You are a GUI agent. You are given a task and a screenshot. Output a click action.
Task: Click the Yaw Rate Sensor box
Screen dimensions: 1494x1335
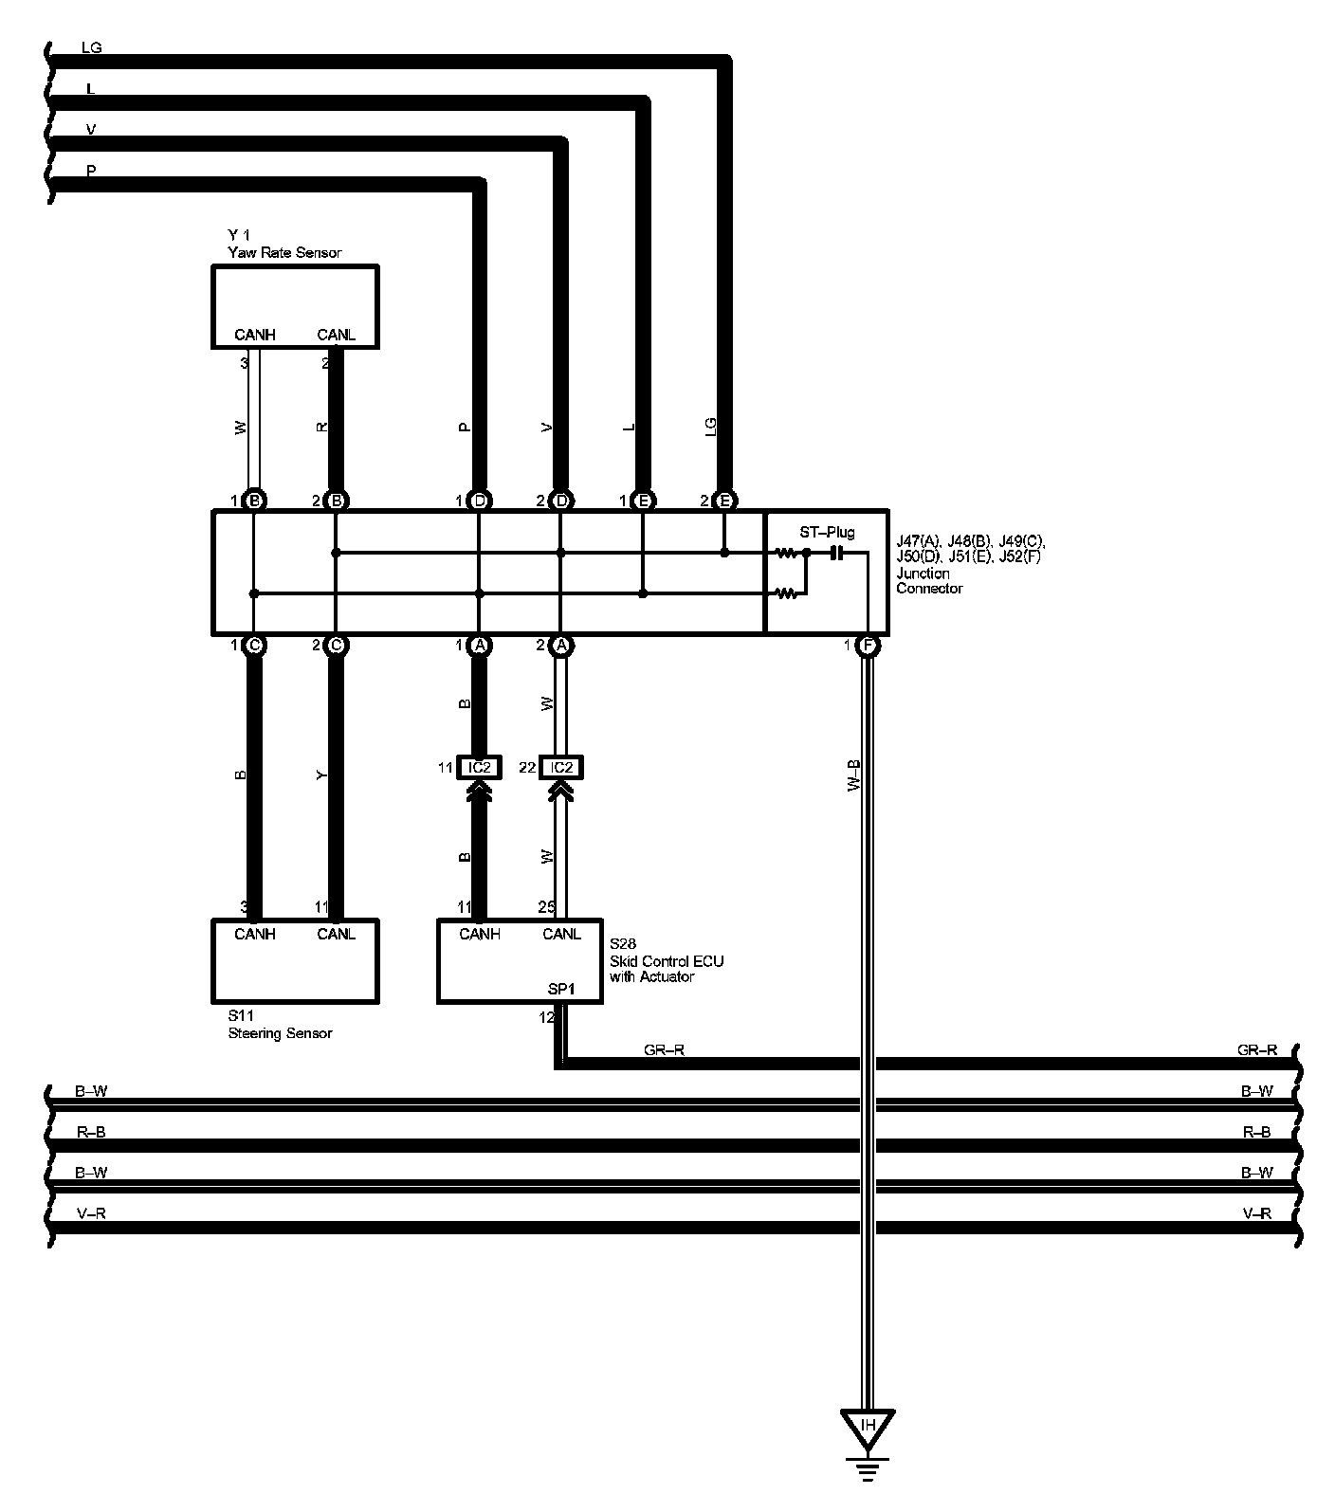[x=294, y=305]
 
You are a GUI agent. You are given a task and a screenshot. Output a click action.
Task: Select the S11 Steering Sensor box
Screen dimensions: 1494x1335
[x=294, y=961]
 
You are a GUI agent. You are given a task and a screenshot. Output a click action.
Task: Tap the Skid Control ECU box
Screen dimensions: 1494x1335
[x=519, y=961]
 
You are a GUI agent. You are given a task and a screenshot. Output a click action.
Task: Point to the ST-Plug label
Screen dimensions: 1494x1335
[x=827, y=533]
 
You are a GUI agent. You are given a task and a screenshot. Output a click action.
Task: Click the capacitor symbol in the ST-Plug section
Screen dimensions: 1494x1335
[x=836, y=553]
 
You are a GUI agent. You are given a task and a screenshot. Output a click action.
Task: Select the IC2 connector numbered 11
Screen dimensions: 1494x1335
[x=479, y=767]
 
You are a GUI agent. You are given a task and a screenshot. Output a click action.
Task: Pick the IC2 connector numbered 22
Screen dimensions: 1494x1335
[x=561, y=767]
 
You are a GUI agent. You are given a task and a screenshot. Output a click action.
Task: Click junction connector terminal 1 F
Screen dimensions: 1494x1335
[x=868, y=647]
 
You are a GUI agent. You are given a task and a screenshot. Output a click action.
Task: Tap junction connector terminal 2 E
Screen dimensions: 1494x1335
[x=725, y=501]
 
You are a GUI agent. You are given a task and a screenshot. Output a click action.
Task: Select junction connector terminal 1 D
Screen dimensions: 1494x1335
[x=479, y=501]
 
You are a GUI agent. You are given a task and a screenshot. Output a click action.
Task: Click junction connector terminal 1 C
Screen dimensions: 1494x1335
[x=253, y=647]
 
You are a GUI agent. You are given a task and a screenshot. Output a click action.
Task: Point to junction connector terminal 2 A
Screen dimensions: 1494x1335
[x=561, y=647]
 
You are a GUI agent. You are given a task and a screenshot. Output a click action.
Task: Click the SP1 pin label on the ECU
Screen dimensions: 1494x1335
[x=561, y=989]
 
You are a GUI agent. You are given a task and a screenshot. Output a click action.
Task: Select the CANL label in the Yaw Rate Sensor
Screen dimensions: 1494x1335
[x=336, y=335]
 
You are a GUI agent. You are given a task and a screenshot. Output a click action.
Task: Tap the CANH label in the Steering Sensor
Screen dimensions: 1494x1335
[x=254, y=934]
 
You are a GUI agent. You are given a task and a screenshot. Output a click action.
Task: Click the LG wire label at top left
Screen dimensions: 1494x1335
[x=91, y=47]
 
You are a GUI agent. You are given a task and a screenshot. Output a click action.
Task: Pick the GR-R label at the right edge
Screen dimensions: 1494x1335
[x=1257, y=1049]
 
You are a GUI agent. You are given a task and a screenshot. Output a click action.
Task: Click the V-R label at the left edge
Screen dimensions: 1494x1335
[x=90, y=1213]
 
